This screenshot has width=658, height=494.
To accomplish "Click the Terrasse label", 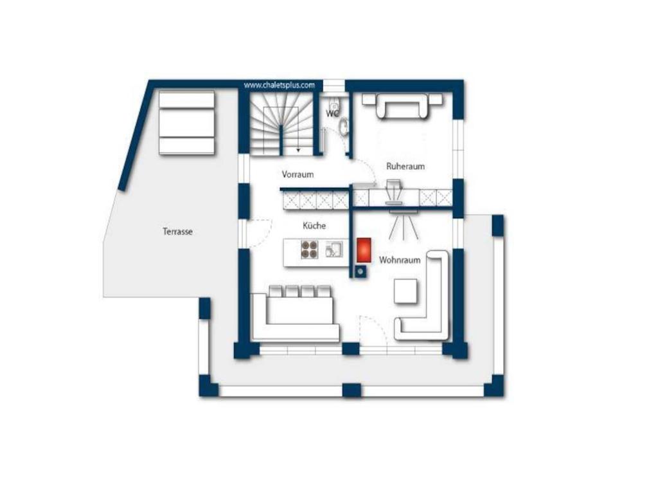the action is [177, 231].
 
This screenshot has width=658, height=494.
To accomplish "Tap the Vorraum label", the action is [298, 174].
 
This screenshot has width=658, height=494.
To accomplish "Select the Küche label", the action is [314, 226].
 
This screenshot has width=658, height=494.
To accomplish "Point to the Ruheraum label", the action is [405, 167].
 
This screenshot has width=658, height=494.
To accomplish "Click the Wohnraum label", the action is [400, 260].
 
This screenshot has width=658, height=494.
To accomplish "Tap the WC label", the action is [332, 114].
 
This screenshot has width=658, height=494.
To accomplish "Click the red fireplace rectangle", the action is [364, 250].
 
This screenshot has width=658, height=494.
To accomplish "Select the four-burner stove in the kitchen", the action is [310, 250].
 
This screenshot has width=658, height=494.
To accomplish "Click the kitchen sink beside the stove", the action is [334, 250].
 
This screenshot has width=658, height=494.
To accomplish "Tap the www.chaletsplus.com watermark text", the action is [279, 86].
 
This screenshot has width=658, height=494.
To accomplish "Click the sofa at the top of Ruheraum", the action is [402, 105].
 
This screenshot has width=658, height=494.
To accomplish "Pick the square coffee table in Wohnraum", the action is [406, 291].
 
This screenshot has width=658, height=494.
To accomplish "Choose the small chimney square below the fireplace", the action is [360, 272].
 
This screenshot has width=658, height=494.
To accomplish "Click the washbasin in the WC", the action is [344, 127].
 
